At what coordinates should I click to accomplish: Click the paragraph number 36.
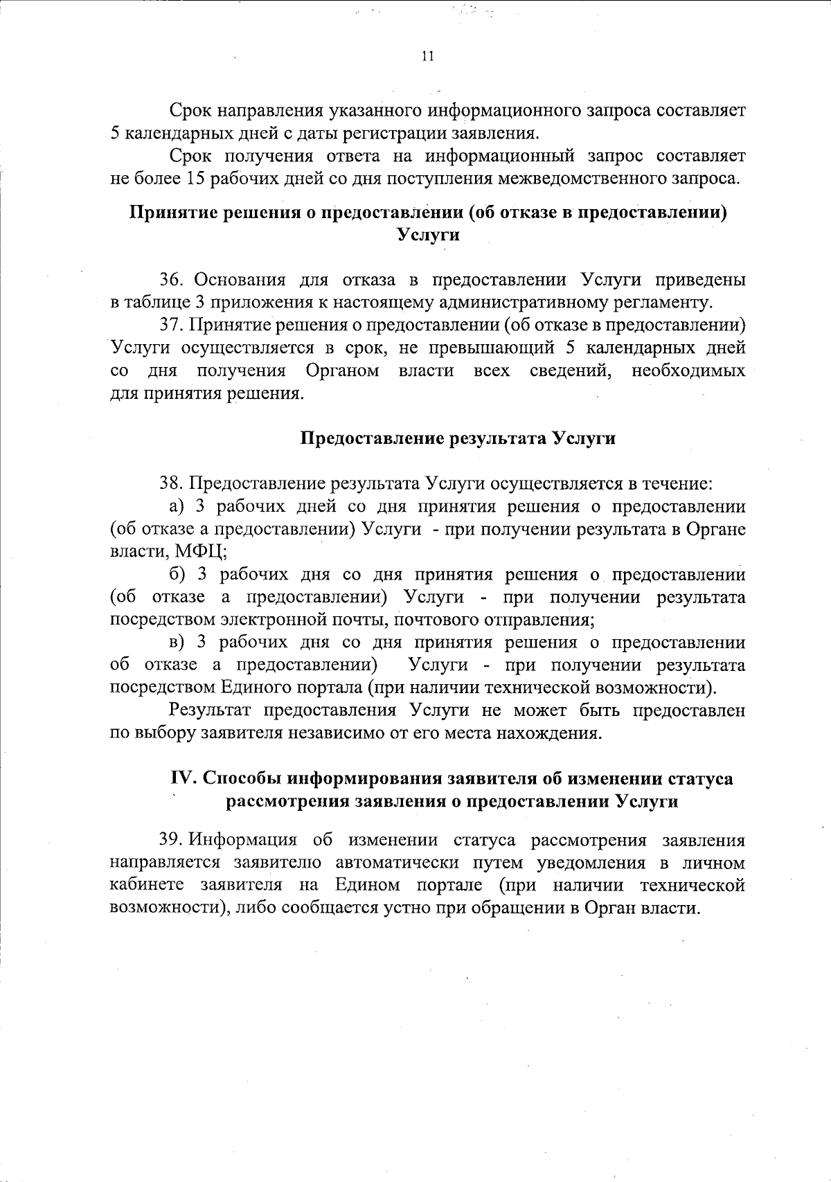click(170, 280)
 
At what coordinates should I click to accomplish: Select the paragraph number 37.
click(170, 325)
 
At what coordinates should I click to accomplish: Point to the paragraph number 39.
click(170, 841)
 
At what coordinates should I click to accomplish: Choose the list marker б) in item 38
click(178, 574)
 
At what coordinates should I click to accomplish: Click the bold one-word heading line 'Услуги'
click(429, 235)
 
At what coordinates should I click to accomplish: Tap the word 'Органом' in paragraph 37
click(342, 370)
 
